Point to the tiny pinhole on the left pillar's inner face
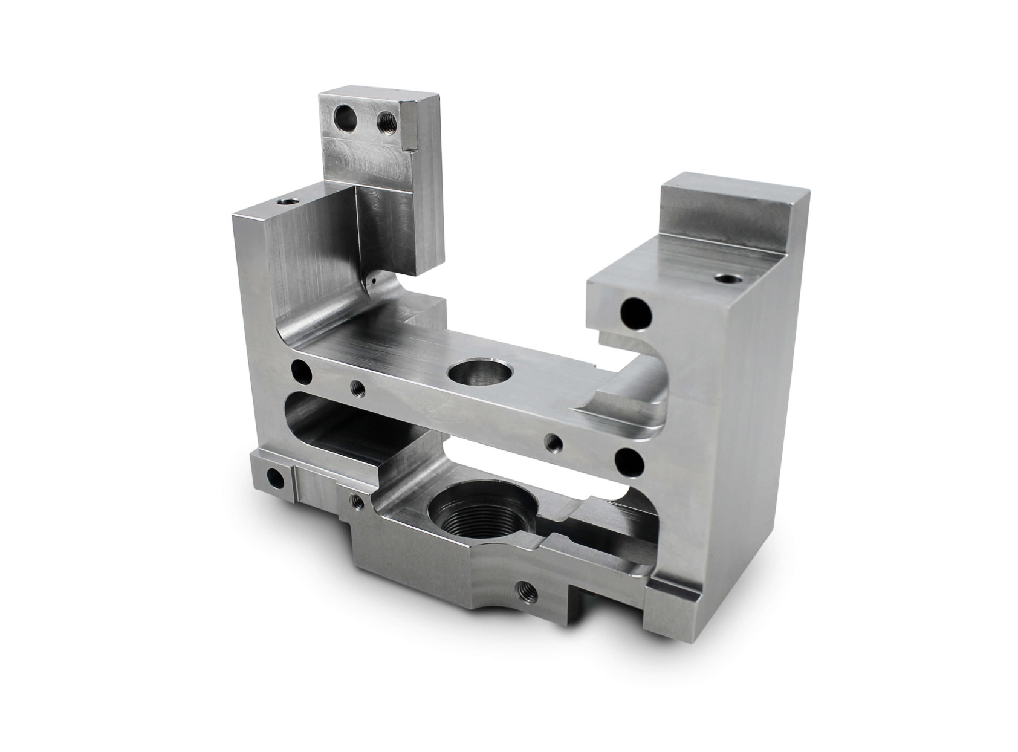375,280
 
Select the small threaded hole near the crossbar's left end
357,388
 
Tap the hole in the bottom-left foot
274,479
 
